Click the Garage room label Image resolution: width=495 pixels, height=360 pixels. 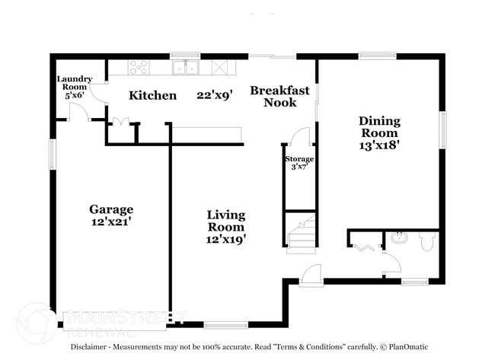111,209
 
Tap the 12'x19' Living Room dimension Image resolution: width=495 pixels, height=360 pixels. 226,240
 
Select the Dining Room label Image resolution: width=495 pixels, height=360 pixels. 379,127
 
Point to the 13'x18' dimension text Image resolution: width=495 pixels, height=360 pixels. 379,145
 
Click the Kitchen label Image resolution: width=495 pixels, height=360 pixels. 153,95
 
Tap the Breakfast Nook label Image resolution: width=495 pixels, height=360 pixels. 280,97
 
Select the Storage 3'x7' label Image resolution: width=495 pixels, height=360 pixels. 299,163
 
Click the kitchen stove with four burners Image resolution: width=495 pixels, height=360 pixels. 139,68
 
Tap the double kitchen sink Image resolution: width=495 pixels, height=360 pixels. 186,68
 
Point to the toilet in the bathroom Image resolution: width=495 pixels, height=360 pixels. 426,242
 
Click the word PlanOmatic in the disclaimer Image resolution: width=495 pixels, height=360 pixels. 408,347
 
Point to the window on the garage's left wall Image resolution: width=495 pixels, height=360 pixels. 53,155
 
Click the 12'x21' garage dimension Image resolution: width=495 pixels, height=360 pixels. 111,221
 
